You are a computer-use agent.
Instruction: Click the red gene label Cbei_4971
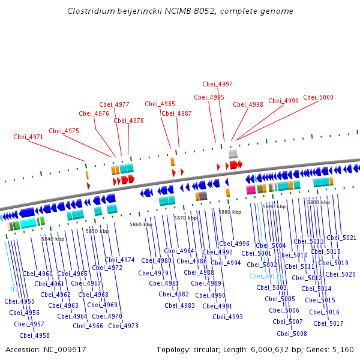pos(28,137)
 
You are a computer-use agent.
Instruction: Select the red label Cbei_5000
pos(318,97)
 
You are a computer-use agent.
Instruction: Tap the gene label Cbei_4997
pos(217,85)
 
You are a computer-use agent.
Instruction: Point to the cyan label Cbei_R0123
pos(266,276)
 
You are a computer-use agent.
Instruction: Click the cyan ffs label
pos(14,290)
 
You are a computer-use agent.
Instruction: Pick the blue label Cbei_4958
pos(34,335)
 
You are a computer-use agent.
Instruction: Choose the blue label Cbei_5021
pos(341,238)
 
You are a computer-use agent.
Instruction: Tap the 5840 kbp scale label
pos(53,239)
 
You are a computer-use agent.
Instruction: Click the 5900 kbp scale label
pos(319,202)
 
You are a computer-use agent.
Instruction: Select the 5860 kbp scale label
pos(141,224)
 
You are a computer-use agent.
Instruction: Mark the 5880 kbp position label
pos(230,212)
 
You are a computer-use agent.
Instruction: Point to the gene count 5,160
pos(342,349)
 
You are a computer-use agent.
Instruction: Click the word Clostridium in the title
pos(88,11)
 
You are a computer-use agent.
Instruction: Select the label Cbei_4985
pos(160,104)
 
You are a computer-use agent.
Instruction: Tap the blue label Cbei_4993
pos(227,317)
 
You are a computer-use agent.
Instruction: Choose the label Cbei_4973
pos(124,326)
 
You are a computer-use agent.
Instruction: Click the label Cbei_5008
pos(292,334)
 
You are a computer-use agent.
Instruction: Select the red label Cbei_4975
pos(64,131)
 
